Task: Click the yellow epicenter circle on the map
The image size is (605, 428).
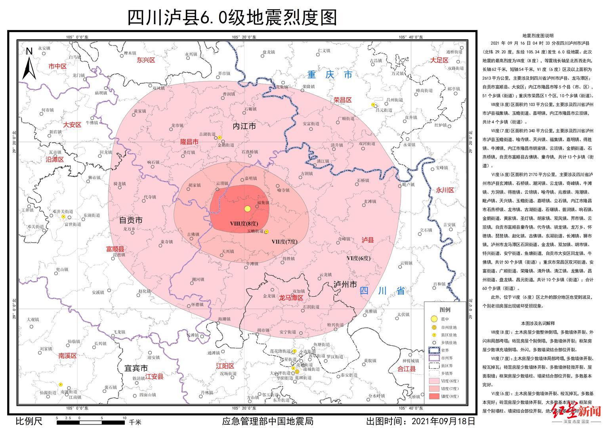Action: click(x=248, y=209)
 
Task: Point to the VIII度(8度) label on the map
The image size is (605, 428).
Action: click(x=244, y=224)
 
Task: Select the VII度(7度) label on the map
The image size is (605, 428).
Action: click(x=284, y=241)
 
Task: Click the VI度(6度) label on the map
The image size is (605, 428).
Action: click(x=359, y=258)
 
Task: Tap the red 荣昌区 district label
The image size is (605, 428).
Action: click(x=342, y=100)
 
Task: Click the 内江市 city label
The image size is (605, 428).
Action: click(x=244, y=126)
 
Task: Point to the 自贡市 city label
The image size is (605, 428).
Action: click(x=131, y=220)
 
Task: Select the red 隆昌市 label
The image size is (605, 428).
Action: click(x=189, y=141)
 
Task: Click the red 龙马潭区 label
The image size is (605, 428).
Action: click(x=291, y=297)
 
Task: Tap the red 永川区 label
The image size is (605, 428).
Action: click(x=445, y=190)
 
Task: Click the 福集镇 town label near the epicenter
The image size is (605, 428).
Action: click(x=263, y=203)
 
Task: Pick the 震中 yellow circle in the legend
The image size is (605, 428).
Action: click(x=434, y=319)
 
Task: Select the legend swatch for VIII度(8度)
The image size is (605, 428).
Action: click(x=434, y=396)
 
